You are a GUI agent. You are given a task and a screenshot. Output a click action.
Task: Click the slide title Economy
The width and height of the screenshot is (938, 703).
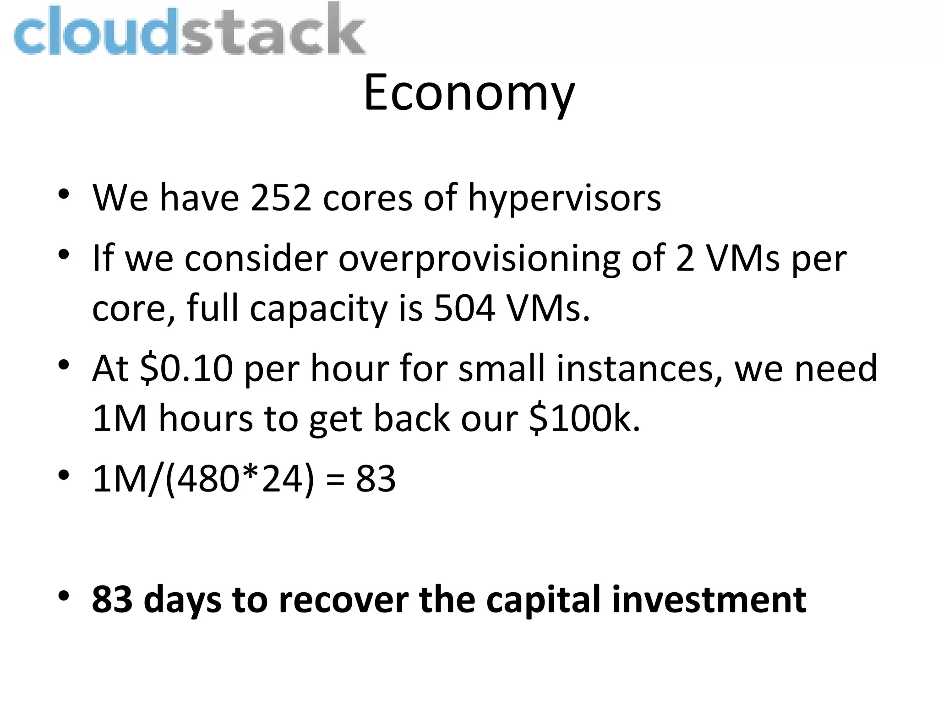(x=469, y=94)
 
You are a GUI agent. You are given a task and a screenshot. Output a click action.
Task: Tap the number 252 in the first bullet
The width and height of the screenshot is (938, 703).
(x=281, y=198)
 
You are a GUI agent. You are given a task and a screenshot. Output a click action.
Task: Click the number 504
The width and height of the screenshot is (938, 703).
(x=464, y=308)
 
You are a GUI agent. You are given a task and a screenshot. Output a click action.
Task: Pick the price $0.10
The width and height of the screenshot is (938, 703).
(x=186, y=369)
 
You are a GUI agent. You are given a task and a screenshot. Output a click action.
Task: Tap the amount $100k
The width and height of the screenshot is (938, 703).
(x=584, y=419)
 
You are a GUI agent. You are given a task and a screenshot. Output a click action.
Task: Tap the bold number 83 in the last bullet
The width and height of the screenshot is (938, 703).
(x=112, y=599)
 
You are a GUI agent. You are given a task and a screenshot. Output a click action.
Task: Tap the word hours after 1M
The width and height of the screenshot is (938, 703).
(x=205, y=419)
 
